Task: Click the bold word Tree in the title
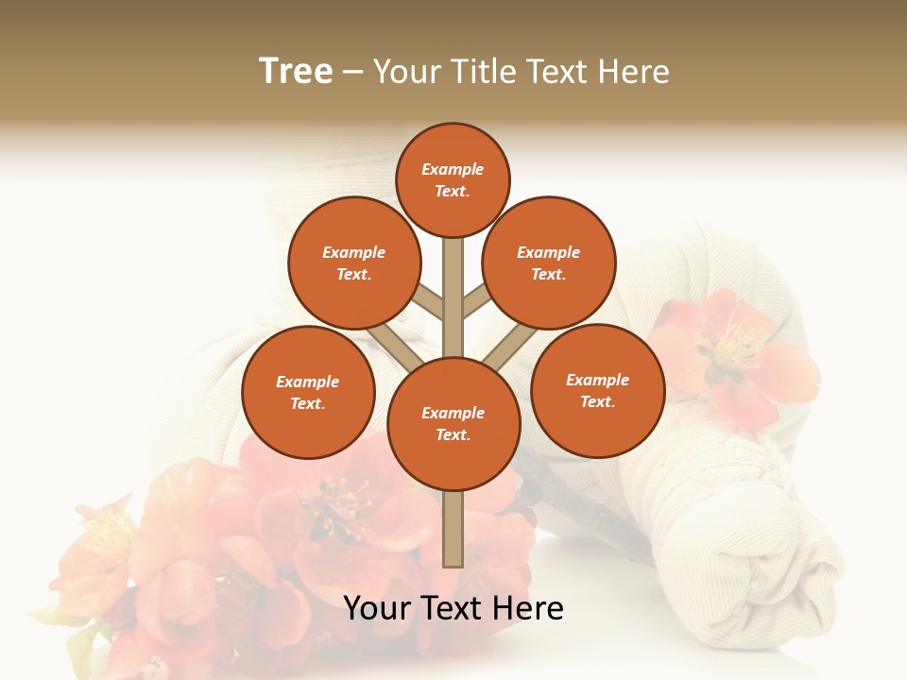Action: click(296, 72)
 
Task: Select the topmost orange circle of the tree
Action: click(453, 179)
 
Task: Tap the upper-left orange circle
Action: click(354, 263)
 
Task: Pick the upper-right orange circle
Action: click(549, 263)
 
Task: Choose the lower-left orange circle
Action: click(308, 392)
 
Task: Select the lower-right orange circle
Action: click(598, 390)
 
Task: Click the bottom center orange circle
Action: click(453, 423)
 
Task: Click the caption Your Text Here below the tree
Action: click(453, 608)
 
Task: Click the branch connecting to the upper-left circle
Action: click(427, 303)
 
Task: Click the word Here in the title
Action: click(635, 72)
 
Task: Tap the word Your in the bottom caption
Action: click(378, 608)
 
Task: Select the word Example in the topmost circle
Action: click(453, 170)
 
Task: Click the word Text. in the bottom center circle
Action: click(453, 434)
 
